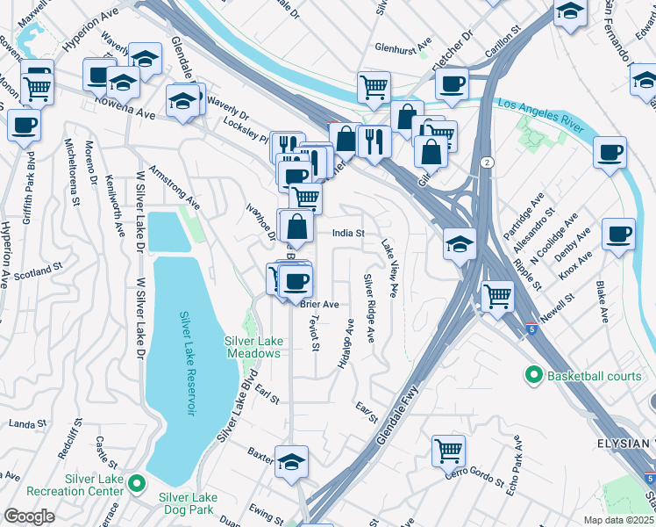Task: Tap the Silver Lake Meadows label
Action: pos(252,347)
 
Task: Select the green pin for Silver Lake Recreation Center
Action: pos(136,482)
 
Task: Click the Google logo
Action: pos(28,516)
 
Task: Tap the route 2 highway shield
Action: pos(486,162)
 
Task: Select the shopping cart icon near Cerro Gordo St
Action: pos(448,451)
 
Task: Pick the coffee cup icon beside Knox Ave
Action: pos(618,235)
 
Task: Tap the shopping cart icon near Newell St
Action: pos(497,296)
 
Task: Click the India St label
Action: pos(347,234)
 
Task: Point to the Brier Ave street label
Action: pos(319,304)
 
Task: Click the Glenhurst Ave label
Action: pos(403,46)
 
